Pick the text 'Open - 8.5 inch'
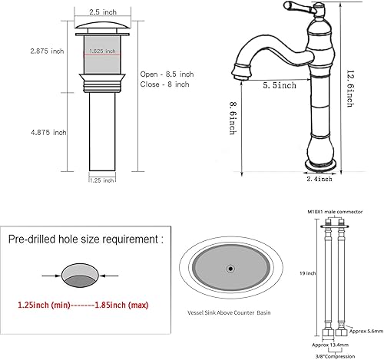point(166,74)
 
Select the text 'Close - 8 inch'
point(164,84)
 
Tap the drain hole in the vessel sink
point(230,269)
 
